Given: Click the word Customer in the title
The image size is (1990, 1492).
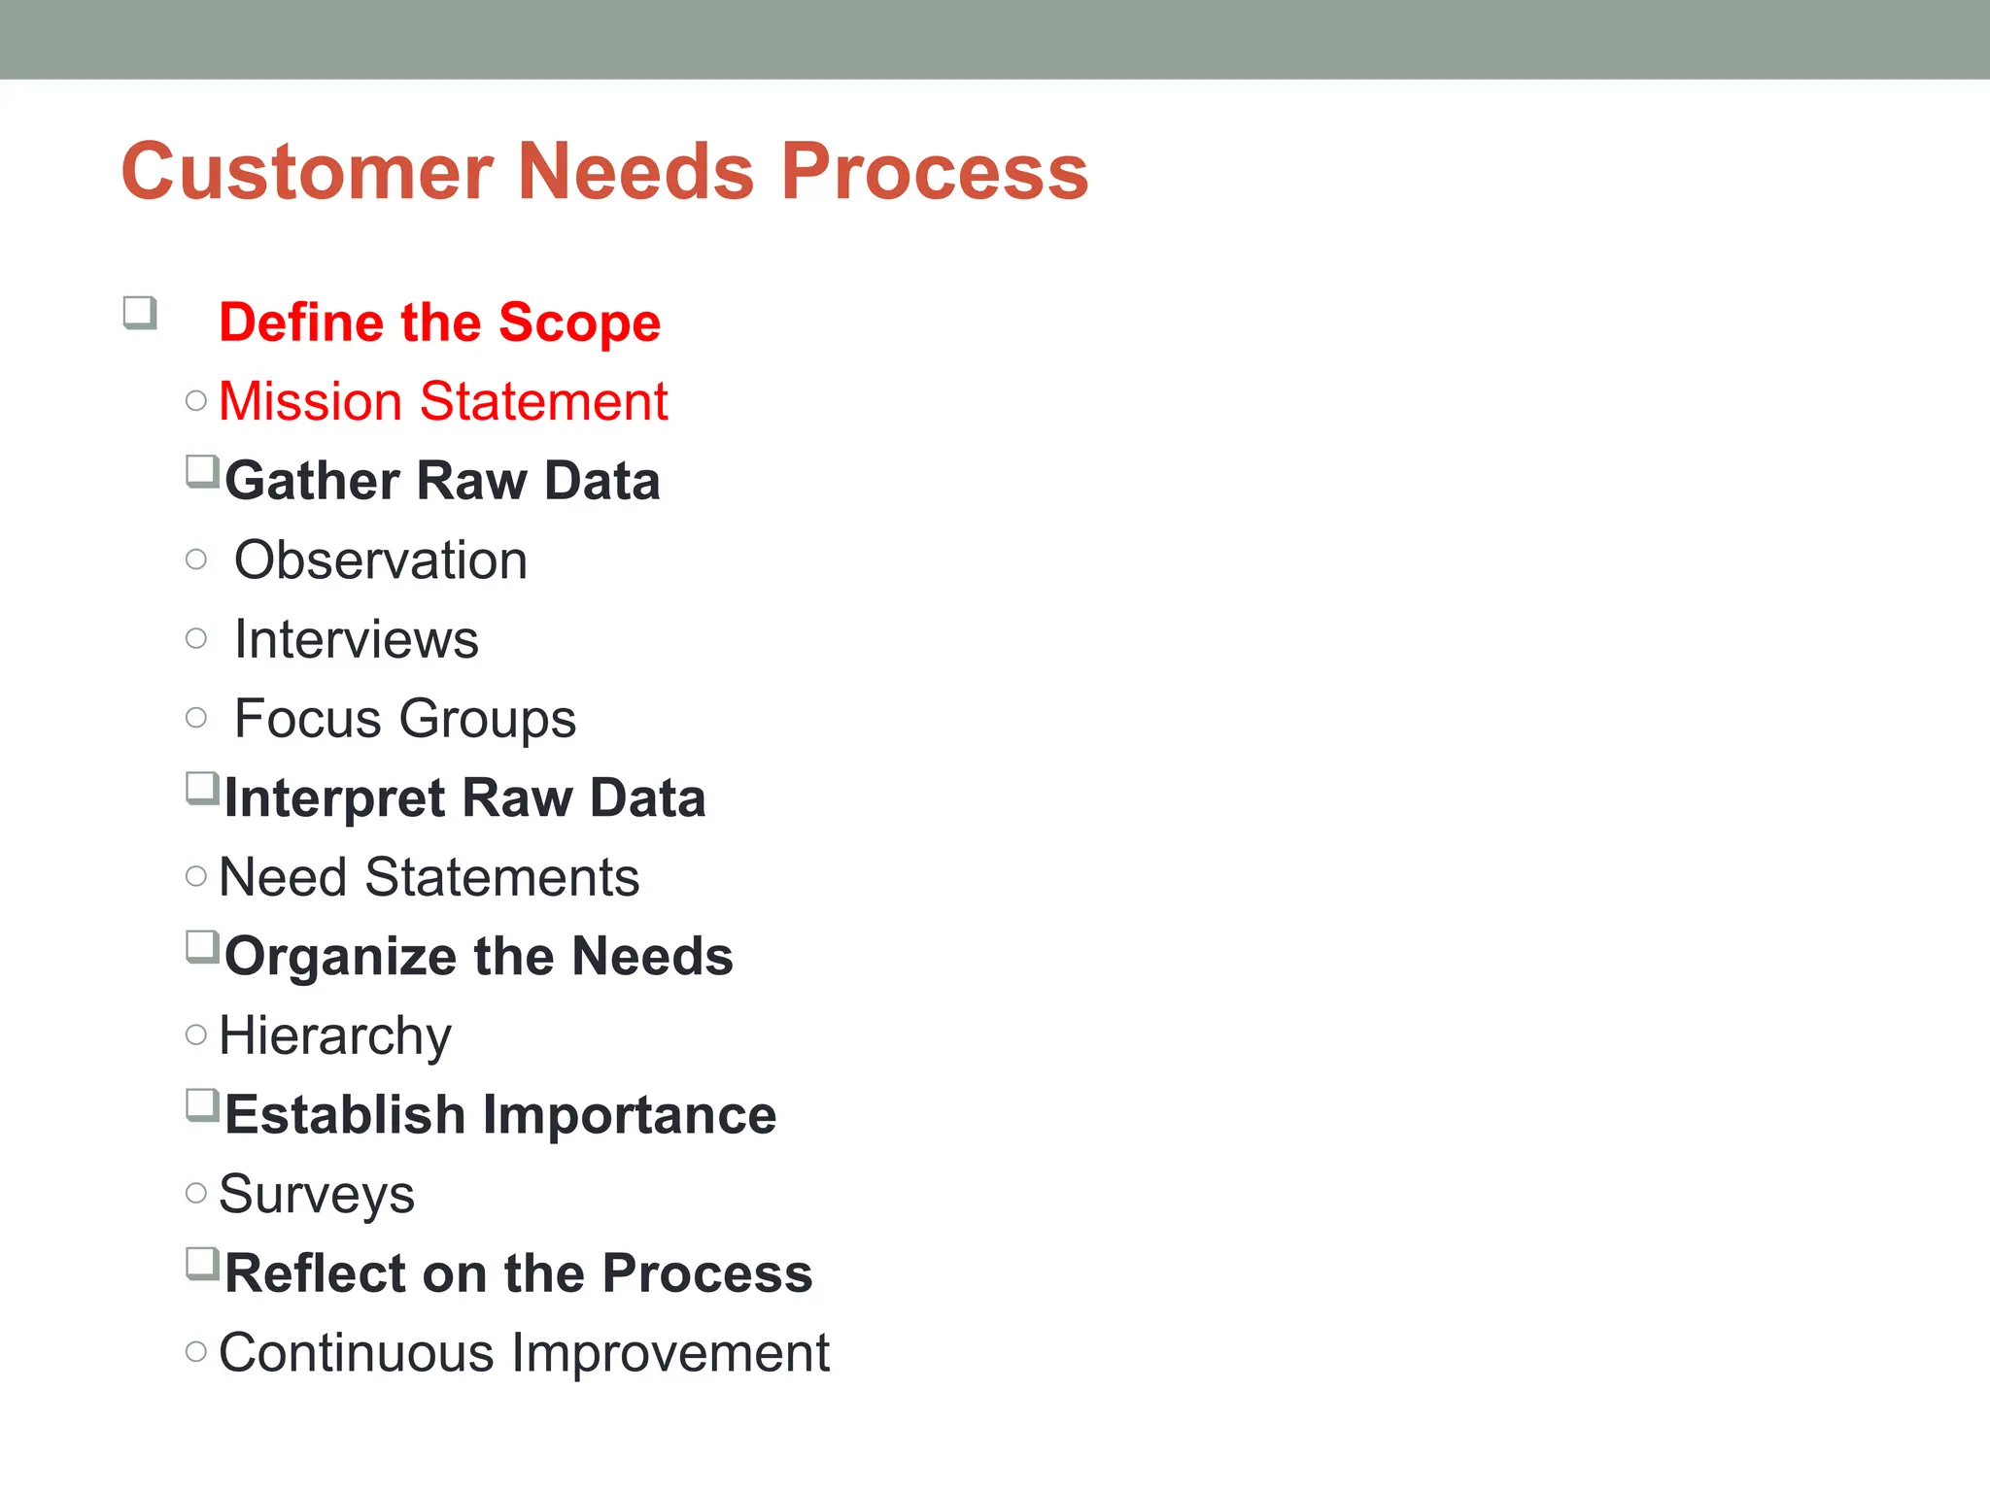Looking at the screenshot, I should tap(307, 172).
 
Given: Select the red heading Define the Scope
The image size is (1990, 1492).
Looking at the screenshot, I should tap(439, 322).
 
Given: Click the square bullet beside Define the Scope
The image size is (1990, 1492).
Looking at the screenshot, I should tap(140, 313).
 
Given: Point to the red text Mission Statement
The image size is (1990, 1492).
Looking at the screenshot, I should tap(443, 401).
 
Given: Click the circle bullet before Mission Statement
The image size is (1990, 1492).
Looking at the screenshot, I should tap(196, 401).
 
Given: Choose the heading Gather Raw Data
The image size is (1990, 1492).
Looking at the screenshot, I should tap(442, 481).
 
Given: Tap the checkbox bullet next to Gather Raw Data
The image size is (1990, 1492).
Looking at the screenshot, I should tap(202, 472).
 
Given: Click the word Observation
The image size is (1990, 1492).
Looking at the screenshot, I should tap(381, 560).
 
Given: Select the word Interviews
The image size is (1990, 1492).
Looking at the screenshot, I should tap(357, 639).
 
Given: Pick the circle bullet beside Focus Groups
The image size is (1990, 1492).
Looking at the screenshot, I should tap(196, 718).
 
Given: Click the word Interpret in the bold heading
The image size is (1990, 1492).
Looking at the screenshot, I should tap(334, 798).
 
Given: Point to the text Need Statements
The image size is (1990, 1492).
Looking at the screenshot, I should tap(429, 877).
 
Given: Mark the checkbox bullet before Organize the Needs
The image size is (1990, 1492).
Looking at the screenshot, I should tap(202, 947).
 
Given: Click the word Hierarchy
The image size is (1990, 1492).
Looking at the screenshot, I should tap(335, 1035).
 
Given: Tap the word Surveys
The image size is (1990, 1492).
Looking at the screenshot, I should tap(317, 1194).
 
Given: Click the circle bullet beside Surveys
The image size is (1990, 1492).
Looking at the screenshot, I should tap(196, 1193).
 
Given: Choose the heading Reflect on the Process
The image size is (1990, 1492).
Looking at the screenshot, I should tap(518, 1273).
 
